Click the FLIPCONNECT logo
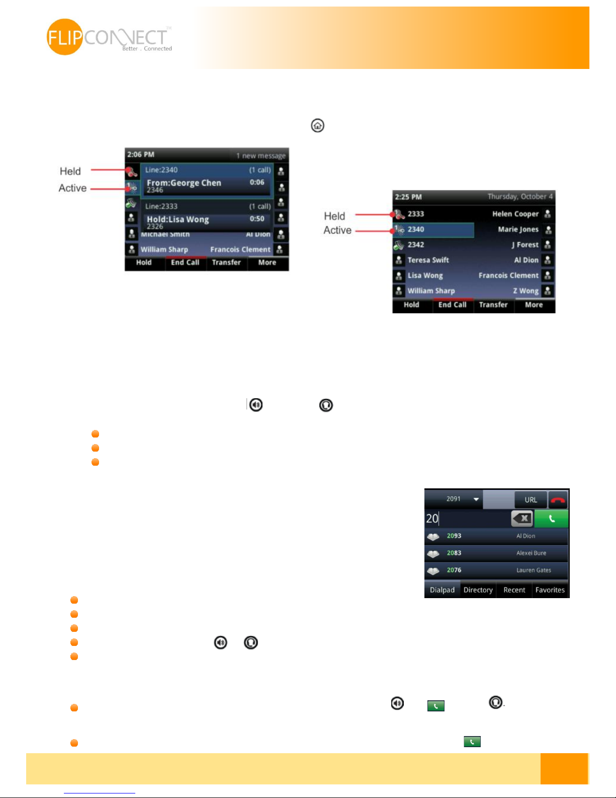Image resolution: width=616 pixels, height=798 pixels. tap(109, 37)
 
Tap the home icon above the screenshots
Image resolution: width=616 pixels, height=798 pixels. tap(317, 125)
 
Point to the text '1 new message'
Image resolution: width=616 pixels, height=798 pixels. tap(260, 156)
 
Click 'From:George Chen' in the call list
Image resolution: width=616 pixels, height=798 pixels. tap(184, 183)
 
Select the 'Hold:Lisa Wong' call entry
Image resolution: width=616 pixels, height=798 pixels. tap(178, 220)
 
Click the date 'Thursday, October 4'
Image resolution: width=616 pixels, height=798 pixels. tap(520, 196)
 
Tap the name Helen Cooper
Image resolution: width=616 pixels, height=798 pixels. tap(515, 214)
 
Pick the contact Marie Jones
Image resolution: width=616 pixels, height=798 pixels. tap(518, 230)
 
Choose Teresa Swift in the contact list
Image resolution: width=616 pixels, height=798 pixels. tap(428, 260)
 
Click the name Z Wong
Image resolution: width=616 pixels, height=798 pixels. tap(525, 291)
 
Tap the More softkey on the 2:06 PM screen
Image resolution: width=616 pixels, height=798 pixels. tap(267, 262)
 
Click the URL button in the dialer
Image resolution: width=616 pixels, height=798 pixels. tap(531, 500)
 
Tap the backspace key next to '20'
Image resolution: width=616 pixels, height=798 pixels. tap(522, 518)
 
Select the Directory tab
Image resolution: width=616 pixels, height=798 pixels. tap(478, 590)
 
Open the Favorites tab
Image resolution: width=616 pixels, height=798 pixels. tap(550, 590)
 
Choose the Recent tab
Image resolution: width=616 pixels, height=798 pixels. tap(514, 590)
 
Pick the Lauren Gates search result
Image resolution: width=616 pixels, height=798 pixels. tap(534, 570)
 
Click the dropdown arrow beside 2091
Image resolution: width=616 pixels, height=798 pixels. tap(476, 499)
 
